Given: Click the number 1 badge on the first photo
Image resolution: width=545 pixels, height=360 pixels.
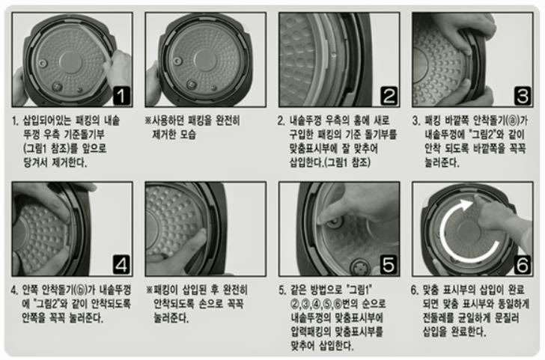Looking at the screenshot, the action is point(121,96).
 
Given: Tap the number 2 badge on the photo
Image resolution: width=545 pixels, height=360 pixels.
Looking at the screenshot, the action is point(389,96).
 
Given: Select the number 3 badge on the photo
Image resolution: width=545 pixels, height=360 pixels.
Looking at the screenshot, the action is point(523,96).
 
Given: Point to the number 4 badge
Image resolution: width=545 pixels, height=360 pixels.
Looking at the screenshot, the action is point(121,265).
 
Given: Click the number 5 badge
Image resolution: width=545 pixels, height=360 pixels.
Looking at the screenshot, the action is point(389,265).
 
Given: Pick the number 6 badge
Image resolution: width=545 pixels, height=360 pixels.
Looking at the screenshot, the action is point(523,265).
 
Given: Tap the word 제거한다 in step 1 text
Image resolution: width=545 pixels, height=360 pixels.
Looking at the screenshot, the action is point(69,162).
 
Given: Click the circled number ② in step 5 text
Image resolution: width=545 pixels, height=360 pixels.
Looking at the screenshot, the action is point(296,304).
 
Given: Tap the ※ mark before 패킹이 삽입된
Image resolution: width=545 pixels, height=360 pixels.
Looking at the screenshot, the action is point(150,290).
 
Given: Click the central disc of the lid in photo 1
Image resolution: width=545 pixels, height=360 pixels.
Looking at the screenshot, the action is point(70,63).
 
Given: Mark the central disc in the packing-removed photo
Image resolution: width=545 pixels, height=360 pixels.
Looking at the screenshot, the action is point(205,61).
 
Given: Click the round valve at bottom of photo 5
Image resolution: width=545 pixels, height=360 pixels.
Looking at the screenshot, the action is point(359,268).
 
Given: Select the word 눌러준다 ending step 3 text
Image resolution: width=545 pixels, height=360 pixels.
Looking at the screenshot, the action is point(442,162).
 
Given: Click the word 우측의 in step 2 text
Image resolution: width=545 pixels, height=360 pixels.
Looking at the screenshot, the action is point(337,121).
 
